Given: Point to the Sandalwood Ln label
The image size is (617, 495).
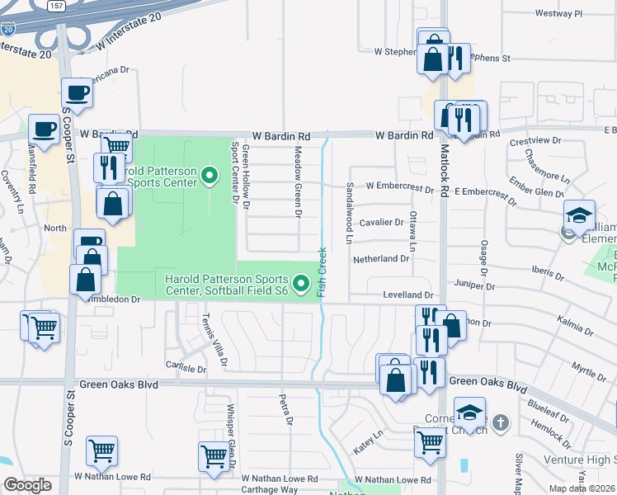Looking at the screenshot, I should [x=350, y=213].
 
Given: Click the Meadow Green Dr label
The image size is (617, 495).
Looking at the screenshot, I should [x=298, y=182].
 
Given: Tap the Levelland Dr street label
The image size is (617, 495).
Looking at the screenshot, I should [x=407, y=295].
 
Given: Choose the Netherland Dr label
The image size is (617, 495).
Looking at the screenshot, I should [x=381, y=258].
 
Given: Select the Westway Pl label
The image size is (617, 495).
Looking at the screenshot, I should [x=558, y=14].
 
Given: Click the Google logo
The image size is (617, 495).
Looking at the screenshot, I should [x=27, y=485].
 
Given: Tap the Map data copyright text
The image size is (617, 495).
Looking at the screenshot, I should [x=582, y=488].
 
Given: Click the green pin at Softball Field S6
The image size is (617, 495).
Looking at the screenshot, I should [x=302, y=285].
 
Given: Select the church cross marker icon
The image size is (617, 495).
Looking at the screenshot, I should [x=502, y=422].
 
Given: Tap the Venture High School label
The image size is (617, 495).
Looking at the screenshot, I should [x=577, y=460].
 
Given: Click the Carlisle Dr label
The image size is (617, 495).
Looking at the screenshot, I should [x=185, y=368].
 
